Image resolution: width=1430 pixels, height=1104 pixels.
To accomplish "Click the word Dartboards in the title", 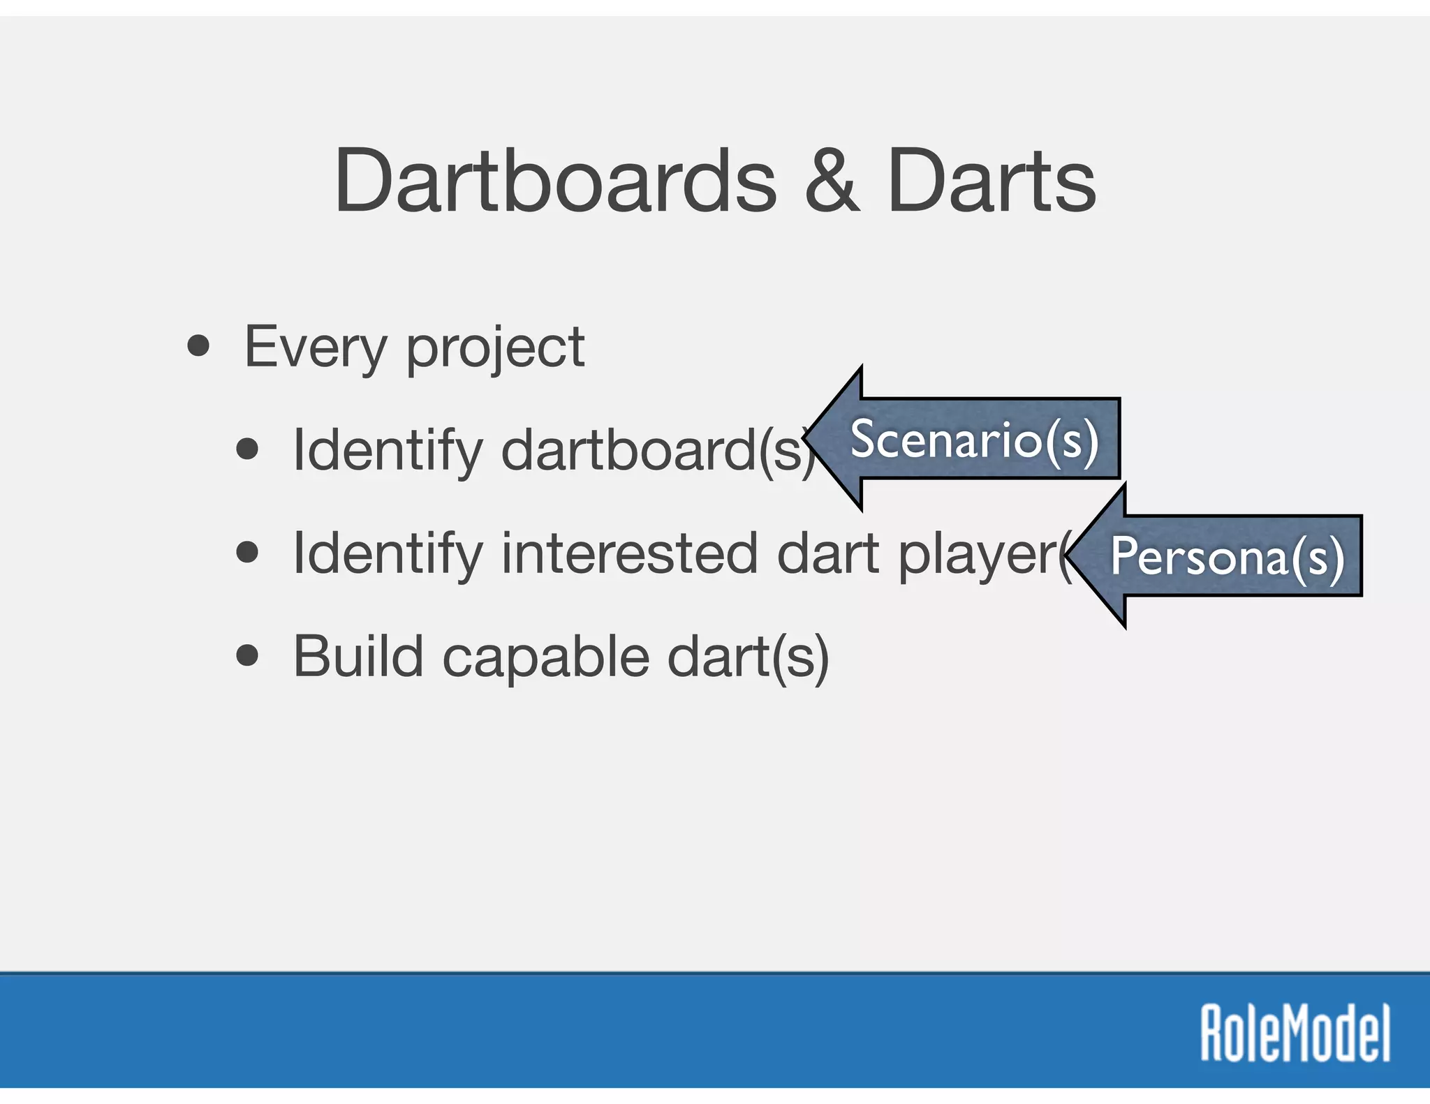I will (x=555, y=181).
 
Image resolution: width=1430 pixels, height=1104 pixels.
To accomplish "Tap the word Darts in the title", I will (x=992, y=181).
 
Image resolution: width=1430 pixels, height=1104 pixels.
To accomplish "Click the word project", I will (x=495, y=349).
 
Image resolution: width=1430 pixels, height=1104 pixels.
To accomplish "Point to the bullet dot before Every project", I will (x=198, y=346).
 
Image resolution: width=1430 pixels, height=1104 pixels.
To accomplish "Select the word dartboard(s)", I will (x=656, y=450).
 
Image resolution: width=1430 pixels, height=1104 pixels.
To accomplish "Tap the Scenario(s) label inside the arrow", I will (x=975, y=440).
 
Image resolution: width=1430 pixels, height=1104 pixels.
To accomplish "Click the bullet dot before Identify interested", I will (x=247, y=553).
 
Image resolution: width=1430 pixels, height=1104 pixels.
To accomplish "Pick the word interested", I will (x=628, y=553).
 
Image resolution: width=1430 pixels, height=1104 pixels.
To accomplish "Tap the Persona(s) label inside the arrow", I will (x=1227, y=557).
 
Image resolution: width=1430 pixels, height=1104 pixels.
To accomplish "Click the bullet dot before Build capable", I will (x=247, y=656).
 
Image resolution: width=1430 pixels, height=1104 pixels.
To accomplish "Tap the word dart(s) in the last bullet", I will (x=748, y=657).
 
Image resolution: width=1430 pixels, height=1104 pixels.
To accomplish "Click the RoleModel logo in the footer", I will (x=1295, y=1033).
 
